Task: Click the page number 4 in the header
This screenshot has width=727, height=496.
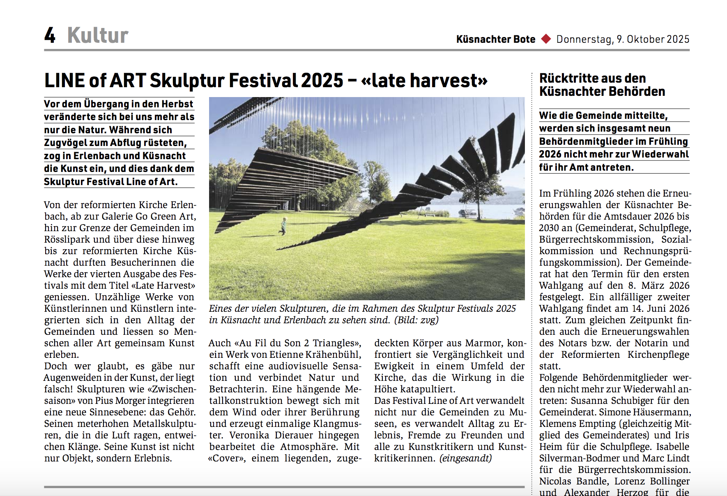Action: (50, 35)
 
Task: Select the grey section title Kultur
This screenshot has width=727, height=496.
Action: (98, 35)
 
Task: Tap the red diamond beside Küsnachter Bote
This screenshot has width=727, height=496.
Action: (546, 39)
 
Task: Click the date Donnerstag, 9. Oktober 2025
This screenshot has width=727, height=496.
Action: (623, 39)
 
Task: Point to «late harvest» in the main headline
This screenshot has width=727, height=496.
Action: (424, 80)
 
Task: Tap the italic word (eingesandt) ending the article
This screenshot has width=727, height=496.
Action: (465, 458)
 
